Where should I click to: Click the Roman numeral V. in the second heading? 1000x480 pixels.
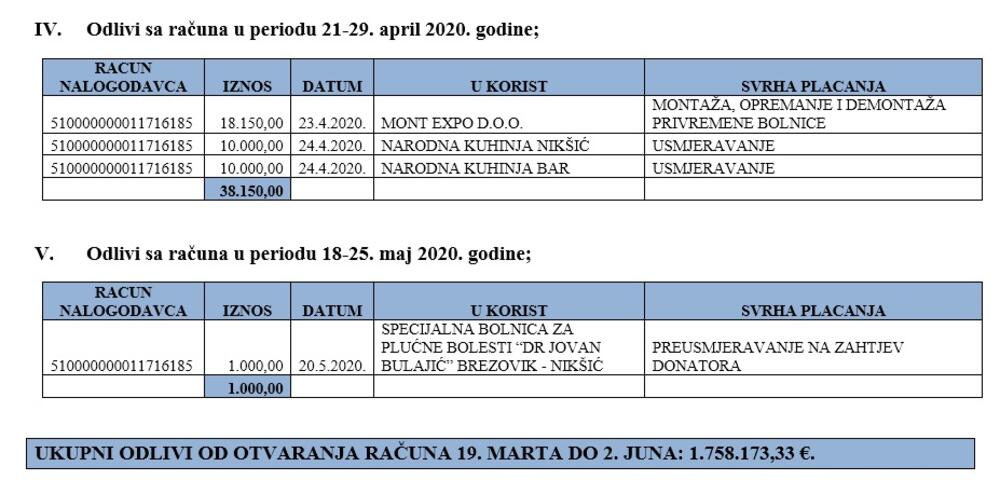click(x=45, y=254)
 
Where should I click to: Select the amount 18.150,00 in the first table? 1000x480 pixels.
click(x=251, y=124)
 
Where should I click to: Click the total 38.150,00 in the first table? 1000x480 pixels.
click(x=250, y=190)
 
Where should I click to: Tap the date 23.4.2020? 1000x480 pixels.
click(x=331, y=124)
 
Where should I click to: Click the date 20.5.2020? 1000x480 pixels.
click(x=331, y=366)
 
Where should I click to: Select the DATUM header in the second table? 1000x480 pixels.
click(x=331, y=311)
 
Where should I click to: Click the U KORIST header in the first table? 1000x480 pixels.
click(x=508, y=86)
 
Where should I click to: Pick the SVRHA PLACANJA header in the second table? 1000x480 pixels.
click(x=812, y=311)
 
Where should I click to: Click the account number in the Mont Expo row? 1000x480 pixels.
click(x=121, y=124)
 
